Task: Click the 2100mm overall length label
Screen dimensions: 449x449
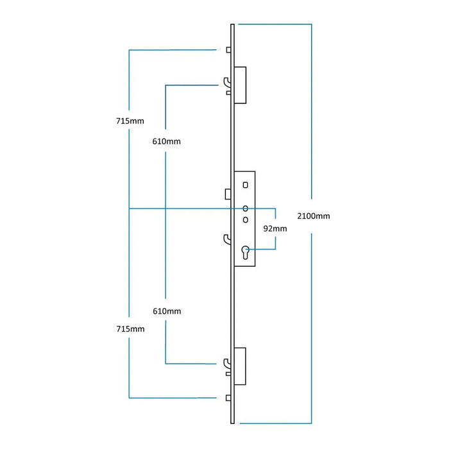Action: pyautogui.click(x=314, y=216)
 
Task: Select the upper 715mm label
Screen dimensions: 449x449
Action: pyautogui.click(x=131, y=121)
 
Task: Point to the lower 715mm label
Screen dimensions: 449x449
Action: pyautogui.click(x=131, y=328)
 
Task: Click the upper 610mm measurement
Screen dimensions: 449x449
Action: pyautogui.click(x=166, y=141)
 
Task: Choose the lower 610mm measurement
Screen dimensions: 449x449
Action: pyautogui.click(x=167, y=311)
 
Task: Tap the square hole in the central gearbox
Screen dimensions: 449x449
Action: pyautogui.click(x=245, y=185)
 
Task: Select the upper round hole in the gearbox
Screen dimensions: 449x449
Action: pyautogui.click(x=245, y=208)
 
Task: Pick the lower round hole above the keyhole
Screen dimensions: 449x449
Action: pyautogui.click(x=245, y=219)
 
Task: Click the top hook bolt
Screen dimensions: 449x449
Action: pyautogui.click(x=226, y=82)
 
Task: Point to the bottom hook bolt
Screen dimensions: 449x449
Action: pyautogui.click(x=226, y=364)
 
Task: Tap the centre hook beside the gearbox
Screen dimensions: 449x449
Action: pyautogui.click(x=226, y=239)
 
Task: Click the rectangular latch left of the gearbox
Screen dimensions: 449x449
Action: pyautogui.click(x=228, y=194)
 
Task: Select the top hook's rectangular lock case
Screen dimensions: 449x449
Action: pyautogui.click(x=241, y=83)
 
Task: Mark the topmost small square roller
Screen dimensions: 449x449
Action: pyautogui.click(x=228, y=49)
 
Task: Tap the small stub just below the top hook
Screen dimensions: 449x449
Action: pyautogui.click(x=228, y=93)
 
